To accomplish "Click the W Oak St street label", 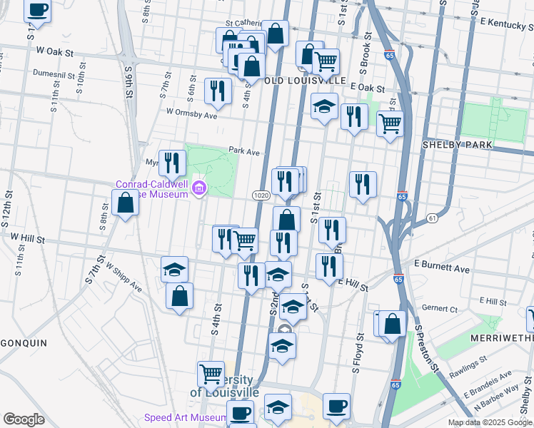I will (55, 51).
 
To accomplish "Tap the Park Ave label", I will (244, 151).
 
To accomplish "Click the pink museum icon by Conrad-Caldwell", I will (200, 189).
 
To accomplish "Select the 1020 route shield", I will (260, 195).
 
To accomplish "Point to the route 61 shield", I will (432, 217).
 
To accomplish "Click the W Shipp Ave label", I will (123, 277).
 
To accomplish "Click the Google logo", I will (24, 419).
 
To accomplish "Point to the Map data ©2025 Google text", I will (490, 422).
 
